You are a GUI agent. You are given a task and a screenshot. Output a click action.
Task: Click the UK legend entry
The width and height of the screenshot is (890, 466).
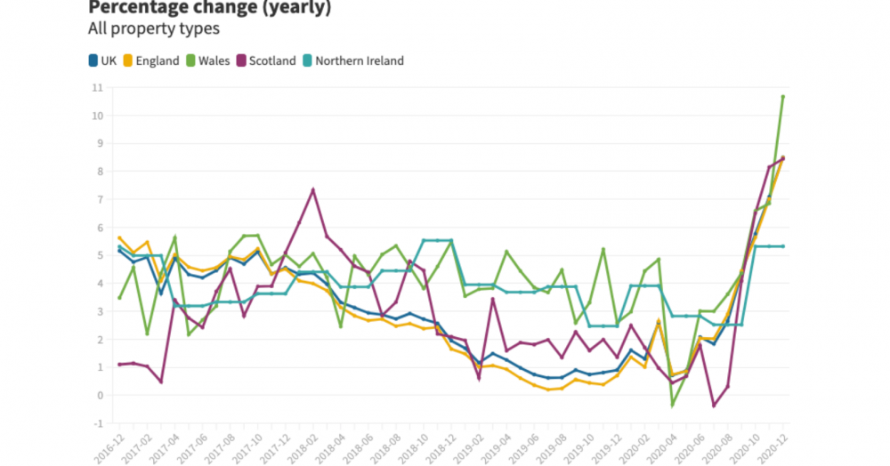click(x=102, y=61)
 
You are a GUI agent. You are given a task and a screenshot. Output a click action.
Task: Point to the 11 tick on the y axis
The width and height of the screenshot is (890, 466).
click(x=98, y=88)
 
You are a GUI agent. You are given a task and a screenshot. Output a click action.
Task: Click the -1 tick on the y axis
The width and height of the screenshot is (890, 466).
click(x=98, y=422)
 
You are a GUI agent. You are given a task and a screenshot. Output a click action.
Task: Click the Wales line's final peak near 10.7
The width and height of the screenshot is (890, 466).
click(x=782, y=96)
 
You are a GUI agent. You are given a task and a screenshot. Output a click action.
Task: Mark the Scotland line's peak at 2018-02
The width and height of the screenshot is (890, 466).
click(x=313, y=189)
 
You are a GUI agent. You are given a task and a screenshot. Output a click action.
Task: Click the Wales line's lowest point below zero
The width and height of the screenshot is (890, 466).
click(x=673, y=406)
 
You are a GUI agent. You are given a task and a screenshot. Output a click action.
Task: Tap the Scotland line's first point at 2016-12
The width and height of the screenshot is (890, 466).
click(x=120, y=365)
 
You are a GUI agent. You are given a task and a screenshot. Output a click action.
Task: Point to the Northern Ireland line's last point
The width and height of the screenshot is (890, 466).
click(x=782, y=246)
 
